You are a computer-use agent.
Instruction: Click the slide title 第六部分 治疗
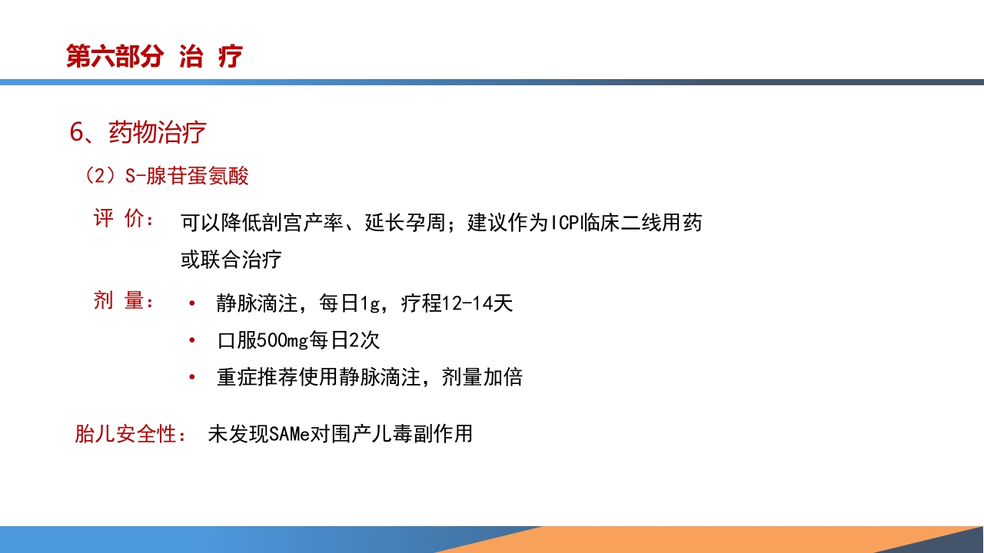[x=155, y=56]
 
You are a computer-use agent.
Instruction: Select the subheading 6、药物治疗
[x=138, y=132]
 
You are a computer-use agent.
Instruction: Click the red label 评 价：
[x=123, y=219]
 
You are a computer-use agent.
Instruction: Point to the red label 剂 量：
[x=123, y=301]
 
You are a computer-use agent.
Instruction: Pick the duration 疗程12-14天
[x=457, y=303]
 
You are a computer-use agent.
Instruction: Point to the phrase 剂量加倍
[x=482, y=377]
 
